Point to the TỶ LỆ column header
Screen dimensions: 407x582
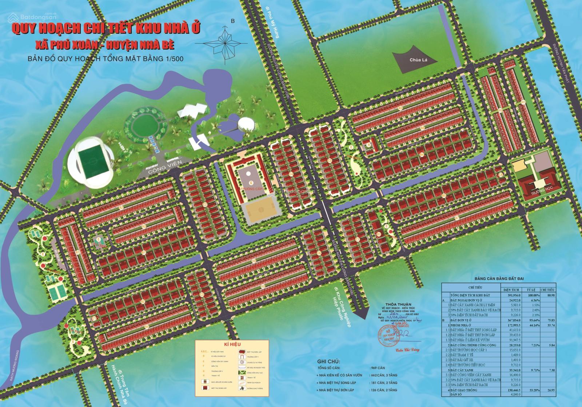click(531, 290)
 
